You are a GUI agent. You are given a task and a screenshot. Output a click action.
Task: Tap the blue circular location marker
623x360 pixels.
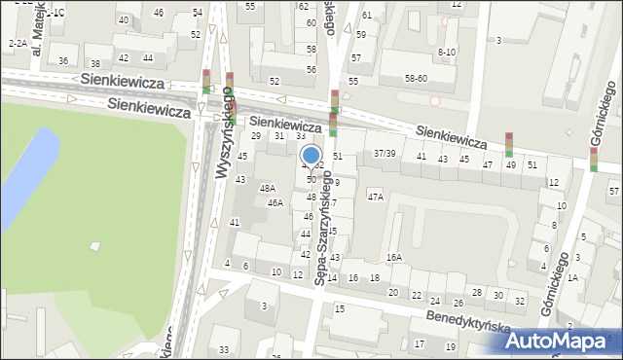[311, 156]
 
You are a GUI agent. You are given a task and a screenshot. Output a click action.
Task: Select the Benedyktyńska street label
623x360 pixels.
[468, 322]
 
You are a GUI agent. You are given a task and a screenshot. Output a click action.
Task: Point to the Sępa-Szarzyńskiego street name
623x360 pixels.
[323, 227]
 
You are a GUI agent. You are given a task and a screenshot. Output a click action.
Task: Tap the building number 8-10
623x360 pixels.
[447, 52]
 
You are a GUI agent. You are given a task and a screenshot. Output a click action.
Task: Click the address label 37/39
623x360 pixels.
[385, 154]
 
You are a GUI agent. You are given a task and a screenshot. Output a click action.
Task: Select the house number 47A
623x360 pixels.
[375, 197]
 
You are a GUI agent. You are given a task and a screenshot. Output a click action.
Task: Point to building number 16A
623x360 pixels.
[393, 257]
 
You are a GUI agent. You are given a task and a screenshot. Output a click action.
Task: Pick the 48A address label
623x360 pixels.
[268, 188]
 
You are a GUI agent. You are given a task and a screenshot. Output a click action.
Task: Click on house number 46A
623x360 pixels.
[275, 202]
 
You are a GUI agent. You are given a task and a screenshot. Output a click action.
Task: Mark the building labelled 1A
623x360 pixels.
[573, 277]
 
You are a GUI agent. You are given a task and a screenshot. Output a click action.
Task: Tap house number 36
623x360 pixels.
[63, 60]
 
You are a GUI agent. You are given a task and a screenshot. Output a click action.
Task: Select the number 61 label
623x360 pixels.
[366, 15]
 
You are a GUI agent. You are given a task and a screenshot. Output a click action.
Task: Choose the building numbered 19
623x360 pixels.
[450, 346]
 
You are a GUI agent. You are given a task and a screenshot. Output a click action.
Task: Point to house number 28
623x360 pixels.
[476, 292]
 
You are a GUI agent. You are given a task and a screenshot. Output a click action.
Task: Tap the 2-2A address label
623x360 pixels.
[18, 43]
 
